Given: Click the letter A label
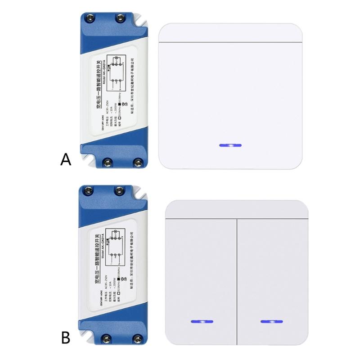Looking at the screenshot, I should [x=66, y=160].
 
